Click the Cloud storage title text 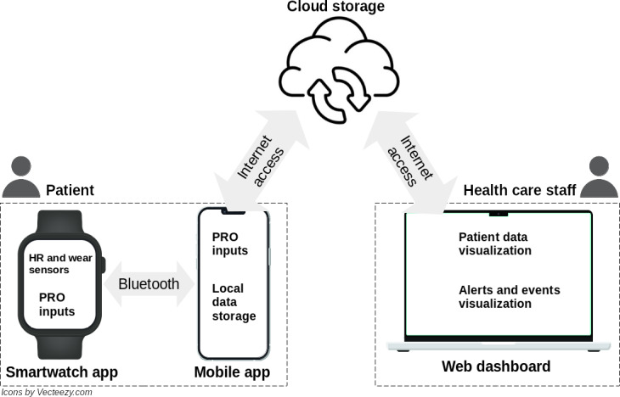click(335, 7)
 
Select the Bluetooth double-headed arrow click(149, 283)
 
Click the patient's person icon click(21, 176)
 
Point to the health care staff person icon click(599, 176)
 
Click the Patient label click(70, 190)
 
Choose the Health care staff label click(520, 190)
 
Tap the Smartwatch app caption click(62, 372)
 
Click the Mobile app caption click(232, 372)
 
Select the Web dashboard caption click(496, 366)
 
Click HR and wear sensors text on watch click(60, 264)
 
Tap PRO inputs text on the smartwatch click(57, 305)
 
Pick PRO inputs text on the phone click(230, 243)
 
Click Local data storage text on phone click(234, 302)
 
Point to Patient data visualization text click(494, 243)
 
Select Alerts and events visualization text click(510, 297)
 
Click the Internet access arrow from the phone click(262, 161)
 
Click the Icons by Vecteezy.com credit click(47, 392)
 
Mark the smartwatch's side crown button click(104, 265)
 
